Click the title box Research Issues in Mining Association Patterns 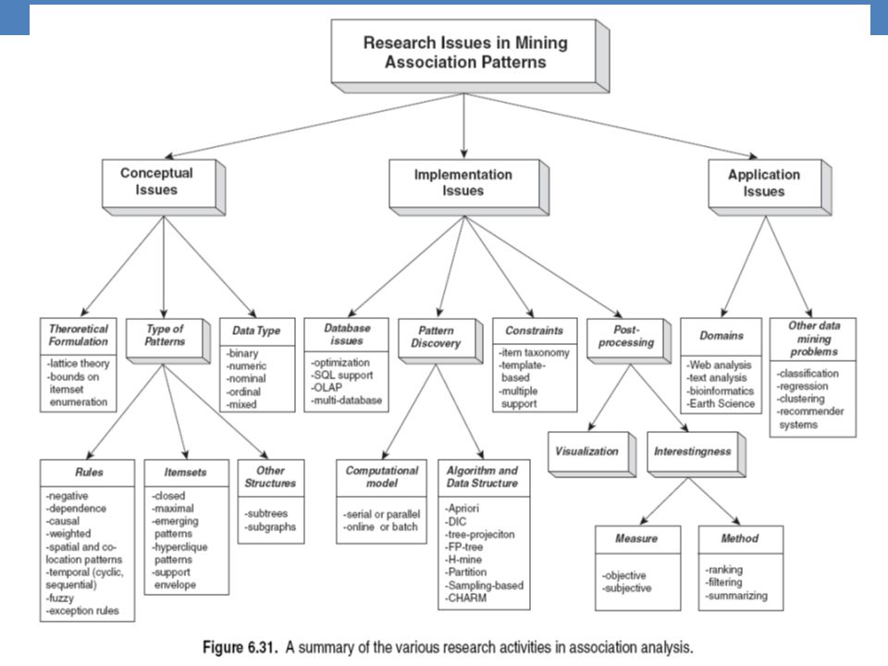pyautogui.click(x=470, y=55)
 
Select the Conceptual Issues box pyautogui.click(x=164, y=187)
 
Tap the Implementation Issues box pyautogui.click(x=469, y=187)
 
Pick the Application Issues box pyautogui.click(x=770, y=187)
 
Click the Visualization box pyautogui.click(x=592, y=454)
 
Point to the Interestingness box pyautogui.click(x=696, y=454)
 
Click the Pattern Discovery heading pyautogui.click(x=436, y=337)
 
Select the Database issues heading pyautogui.click(x=347, y=334)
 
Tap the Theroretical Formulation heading pyautogui.click(x=78, y=335)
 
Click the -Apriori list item pyautogui.click(x=462, y=508)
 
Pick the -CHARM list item pyautogui.click(x=465, y=598)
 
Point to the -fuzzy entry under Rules pyautogui.click(x=60, y=598)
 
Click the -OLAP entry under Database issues pyautogui.click(x=327, y=388)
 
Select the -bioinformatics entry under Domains pyautogui.click(x=721, y=390)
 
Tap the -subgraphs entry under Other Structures pyautogui.click(x=271, y=526)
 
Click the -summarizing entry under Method pyautogui.click(x=737, y=595)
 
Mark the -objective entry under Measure pyautogui.click(x=624, y=575)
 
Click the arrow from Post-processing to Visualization pyautogui.click(x=610, y=398)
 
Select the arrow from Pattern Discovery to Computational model pyautogui.click(x=410, y=411)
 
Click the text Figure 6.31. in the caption pyautogui.click(x=240, y=647)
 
